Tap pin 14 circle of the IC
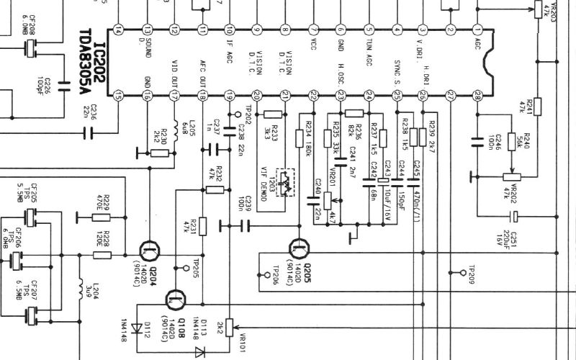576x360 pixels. [x=119, y=30]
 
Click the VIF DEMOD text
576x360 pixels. [x=264, y=181]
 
